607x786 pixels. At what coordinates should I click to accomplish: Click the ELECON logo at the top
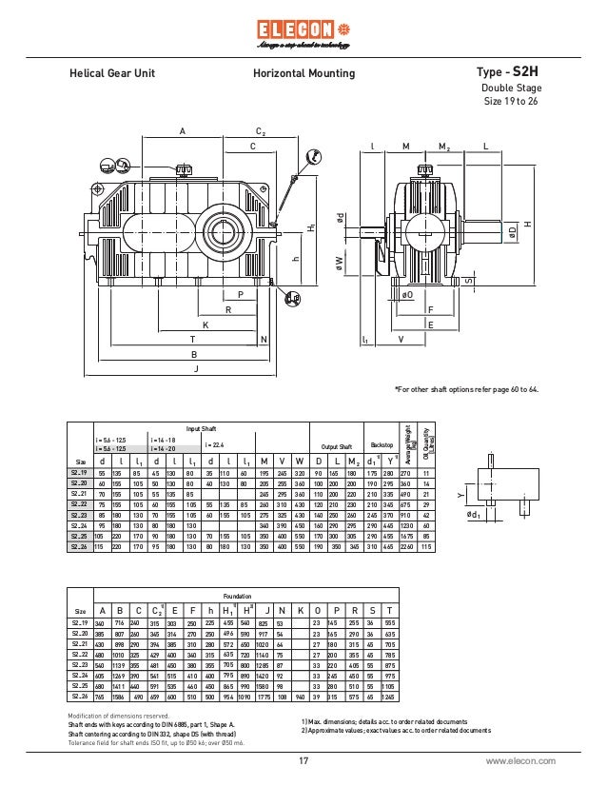pyautogui.click(x=303, y=30)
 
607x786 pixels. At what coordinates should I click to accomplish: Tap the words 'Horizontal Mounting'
pyautogui.click(x=303, y=73)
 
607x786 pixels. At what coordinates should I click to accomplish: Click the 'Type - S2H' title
pyautogui.click(x=506, y=72)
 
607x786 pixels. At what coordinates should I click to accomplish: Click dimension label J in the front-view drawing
pyautogui.click(x=195, y=368)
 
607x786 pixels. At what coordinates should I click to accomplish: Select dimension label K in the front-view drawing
pyautogui.click(x=205, y=324)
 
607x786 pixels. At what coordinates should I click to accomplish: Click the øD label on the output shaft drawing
pyautogui.click(x=512, y=231)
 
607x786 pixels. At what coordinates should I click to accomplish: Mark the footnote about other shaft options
pyautogui.click(x=466, y=390)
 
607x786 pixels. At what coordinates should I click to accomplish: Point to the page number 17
pyautogui.click(x=303, y=761)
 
